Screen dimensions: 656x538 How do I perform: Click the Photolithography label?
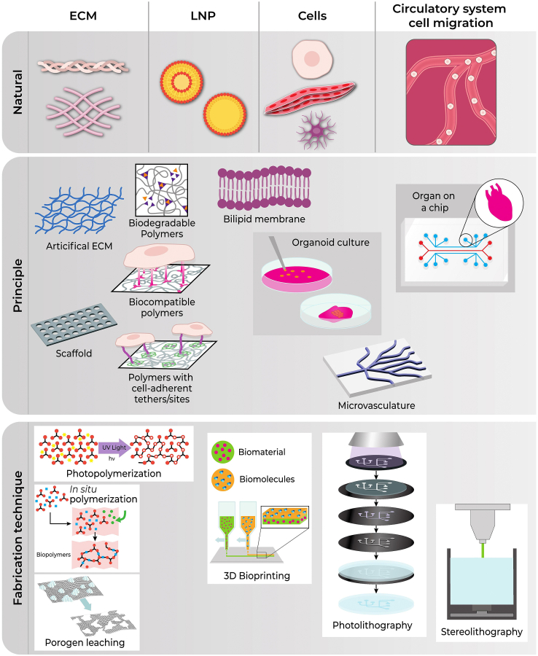pos(373,625)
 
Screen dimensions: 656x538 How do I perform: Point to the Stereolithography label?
pos(482,631)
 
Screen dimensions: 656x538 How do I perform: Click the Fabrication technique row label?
pos(15,536)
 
